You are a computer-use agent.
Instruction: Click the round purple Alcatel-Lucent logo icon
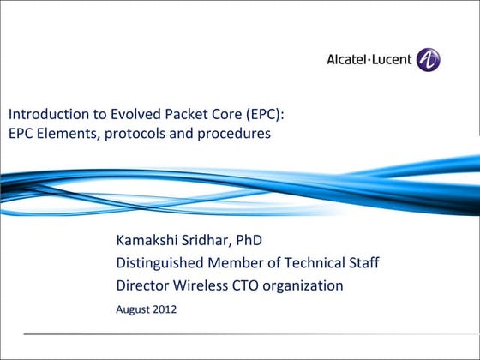tap(428, 60)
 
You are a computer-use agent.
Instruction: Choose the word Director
tap(141, 285)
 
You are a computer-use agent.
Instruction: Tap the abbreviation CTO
tap(243, 285)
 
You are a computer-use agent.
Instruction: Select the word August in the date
tap(133, 309)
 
